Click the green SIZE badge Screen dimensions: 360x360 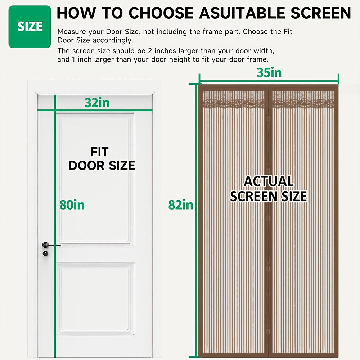tap(30, 27)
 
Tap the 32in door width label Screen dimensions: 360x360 tap(97, 103)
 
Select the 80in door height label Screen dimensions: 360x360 tap(72, 205)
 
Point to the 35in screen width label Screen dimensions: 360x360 tap(269, 73)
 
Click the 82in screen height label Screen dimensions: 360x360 tap(181, 205)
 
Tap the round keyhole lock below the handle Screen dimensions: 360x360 tap(45, 253)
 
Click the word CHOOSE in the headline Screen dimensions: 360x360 tap(161, 13)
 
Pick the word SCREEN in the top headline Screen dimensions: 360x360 tap(321, 13)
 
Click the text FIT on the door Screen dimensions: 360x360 tap(99, 152)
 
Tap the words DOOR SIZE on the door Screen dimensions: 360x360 tap(102, 166)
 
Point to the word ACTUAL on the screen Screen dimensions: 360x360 tap(269, 181)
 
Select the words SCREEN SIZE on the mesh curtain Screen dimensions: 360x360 tap(269, 196)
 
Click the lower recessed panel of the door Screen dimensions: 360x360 tap(95, 299)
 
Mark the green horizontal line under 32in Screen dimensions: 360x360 tap(95, 111)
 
